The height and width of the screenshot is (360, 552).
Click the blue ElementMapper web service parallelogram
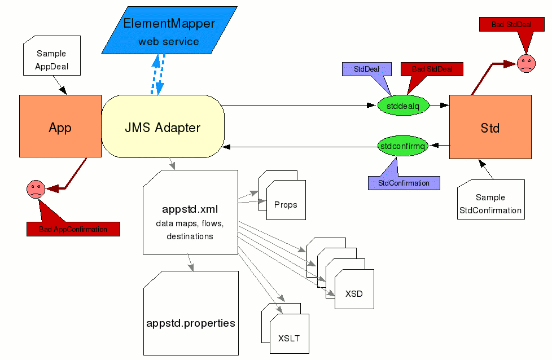[169, 31]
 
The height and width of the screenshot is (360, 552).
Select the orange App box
[60, 126]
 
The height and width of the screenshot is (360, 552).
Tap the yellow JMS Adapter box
[163, 127]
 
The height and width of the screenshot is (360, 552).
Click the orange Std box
[490, 127]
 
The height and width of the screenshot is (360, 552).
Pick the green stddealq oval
[403, 105]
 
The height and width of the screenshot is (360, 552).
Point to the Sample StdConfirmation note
[490, 203]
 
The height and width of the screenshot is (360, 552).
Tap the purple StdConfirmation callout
[404, 183]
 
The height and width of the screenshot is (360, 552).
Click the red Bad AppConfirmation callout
[73, 229]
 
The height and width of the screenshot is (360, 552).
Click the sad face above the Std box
[526, 62]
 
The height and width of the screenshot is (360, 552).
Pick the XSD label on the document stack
[354, 293]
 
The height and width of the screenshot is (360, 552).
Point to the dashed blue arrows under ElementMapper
[157, 74]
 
